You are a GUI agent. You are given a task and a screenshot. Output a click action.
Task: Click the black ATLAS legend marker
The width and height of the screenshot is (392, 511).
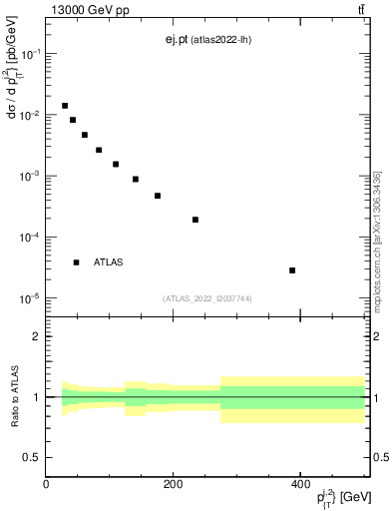(76, 262)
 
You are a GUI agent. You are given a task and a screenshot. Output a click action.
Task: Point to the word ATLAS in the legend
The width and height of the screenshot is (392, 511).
(109, 262)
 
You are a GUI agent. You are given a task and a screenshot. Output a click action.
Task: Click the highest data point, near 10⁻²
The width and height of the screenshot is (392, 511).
(65, 106)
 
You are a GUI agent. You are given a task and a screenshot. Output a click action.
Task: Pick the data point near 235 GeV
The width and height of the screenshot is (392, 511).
(196, 220)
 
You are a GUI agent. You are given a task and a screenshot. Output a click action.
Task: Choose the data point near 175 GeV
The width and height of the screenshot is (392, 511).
(158, 196)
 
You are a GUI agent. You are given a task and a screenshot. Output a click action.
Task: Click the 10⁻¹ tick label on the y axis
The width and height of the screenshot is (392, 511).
(30, 54)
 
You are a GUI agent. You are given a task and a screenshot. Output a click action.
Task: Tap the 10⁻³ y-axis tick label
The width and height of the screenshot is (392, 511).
(30, 177)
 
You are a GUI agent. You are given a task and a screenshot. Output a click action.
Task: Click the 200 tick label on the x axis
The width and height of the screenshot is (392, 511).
(173, 484)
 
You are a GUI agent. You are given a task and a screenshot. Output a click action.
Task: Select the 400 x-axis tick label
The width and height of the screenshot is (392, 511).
(299, 484)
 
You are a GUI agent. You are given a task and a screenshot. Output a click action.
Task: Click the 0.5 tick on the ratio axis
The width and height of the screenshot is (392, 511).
(33, 458)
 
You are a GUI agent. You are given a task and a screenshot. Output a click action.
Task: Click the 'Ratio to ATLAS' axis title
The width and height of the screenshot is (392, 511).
(14, 397)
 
